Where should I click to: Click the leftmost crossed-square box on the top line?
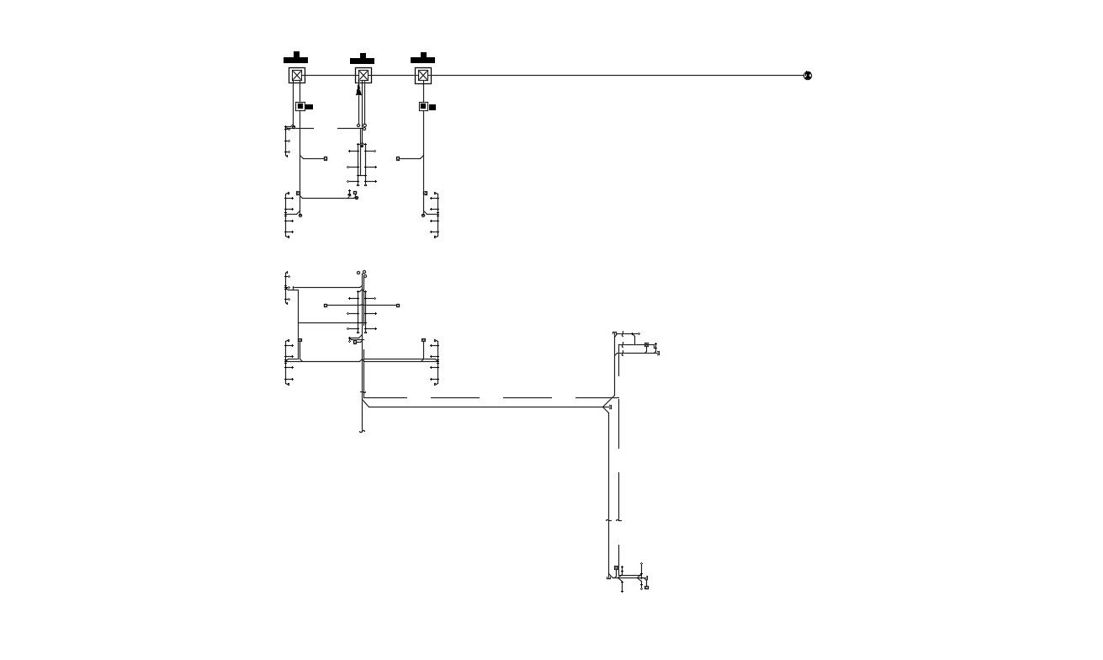(297, 76)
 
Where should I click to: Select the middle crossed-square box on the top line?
(363, 76)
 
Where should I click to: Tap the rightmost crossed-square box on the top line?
(423, 76)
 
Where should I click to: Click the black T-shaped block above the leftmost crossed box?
(295, 58)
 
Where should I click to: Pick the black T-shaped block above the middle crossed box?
(362, 59)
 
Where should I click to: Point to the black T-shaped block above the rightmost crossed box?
(422, 58)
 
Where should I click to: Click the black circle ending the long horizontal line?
(808, 76)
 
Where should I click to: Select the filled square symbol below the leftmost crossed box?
(300, 106)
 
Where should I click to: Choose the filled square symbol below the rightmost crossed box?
(423, 106)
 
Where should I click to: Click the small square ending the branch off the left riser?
(326, 158)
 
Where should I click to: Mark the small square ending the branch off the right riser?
(398, 158)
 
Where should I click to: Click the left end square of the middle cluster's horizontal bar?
(326, 306)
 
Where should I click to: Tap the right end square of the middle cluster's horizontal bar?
(398, 306)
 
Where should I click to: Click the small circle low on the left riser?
(300, 216)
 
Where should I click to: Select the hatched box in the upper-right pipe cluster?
(646, 345)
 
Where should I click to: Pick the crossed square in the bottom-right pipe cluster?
(616, 569)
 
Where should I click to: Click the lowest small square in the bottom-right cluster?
(646, 588)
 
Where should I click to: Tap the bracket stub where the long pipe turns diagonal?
(610, 407)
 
